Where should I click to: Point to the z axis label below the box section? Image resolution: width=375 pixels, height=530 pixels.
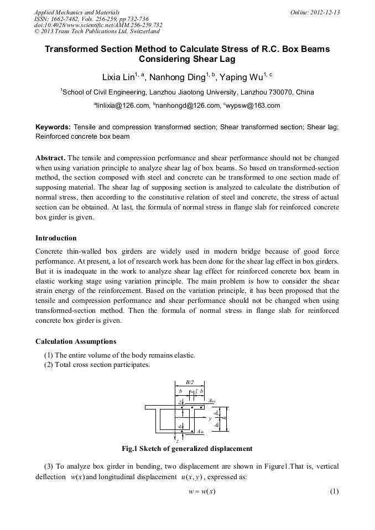177,440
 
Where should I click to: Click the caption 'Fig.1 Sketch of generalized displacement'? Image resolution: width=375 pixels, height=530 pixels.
187,448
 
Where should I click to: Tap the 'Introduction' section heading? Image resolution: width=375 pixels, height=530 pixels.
56,238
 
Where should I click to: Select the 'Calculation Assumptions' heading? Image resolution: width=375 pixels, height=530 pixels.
76,341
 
